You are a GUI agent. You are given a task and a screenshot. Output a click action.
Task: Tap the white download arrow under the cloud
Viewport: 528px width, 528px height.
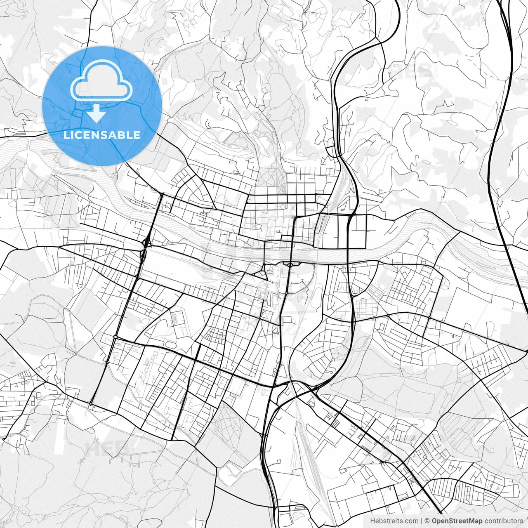(97, 113)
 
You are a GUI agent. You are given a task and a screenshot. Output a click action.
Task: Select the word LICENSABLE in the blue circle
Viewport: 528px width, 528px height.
(102, 135)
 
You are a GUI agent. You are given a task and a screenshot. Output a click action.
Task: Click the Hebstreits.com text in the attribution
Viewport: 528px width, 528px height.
(394, 521)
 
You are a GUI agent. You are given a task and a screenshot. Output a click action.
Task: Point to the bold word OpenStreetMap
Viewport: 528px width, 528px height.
(457, 521)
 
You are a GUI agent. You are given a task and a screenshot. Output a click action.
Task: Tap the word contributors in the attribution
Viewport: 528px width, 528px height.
(504, 521)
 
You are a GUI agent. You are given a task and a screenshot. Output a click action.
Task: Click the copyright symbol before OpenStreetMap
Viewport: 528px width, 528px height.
(427, 521)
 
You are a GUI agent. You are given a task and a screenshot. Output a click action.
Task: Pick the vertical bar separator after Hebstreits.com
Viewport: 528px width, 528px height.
(421, 521)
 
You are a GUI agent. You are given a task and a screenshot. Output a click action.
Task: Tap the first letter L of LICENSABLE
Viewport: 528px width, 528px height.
(66, 135)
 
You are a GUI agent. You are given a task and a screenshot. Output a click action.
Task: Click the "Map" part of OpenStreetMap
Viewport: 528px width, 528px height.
(475, 521)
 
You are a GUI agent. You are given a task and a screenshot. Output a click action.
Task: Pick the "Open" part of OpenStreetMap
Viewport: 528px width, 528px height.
(440, 521)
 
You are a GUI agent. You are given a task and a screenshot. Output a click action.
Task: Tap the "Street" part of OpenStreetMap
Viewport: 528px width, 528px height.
(458, 521)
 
